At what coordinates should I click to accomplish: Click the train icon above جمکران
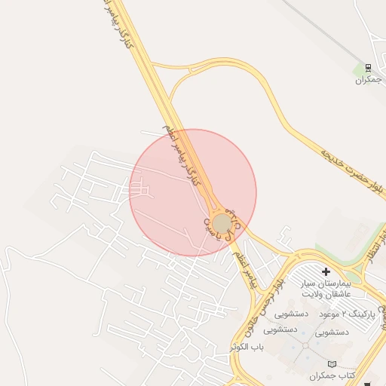(368, 67)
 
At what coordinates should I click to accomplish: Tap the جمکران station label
(368, 80)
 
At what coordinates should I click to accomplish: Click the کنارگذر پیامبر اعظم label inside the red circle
(184, 156)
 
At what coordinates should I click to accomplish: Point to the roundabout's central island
(222, 224)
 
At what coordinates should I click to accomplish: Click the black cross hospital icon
(326, 271)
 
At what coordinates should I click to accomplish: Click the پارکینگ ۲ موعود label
(345, 313)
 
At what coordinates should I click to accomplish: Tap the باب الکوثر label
(271, 348)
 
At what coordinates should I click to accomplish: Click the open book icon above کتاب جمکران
(323, 363)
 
